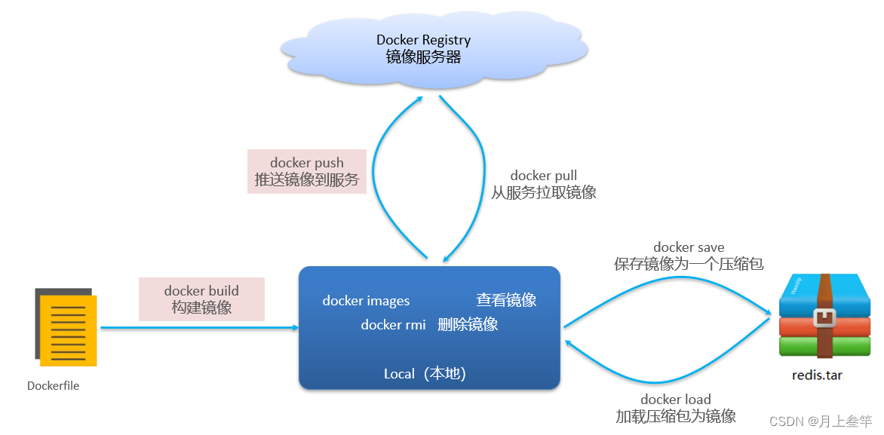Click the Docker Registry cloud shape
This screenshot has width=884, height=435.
[434, 49]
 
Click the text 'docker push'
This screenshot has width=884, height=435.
[306, 163]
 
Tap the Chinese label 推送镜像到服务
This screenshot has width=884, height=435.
[306, 180]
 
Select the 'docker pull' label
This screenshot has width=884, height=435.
[543, 176]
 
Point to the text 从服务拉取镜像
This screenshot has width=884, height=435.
[543, 192]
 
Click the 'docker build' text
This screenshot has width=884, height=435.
[201, 290]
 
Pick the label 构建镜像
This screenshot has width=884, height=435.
[201, 308]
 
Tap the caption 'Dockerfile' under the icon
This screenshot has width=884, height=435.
[53, 385]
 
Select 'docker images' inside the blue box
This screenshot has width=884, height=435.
[366, 301]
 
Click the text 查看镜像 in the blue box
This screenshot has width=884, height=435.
[506, 300]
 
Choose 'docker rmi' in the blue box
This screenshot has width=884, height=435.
[393, 325]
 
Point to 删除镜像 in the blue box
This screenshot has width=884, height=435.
[468, 325]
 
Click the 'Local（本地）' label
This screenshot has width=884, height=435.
[425, 373]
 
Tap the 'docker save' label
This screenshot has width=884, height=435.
[689, 247]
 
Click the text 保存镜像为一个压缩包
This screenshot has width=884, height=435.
[689, 264]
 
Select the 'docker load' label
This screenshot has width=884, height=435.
[675, 399]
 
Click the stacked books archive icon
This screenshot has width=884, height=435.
[823, 317]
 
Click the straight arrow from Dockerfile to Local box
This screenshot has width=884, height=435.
[200, 328]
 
